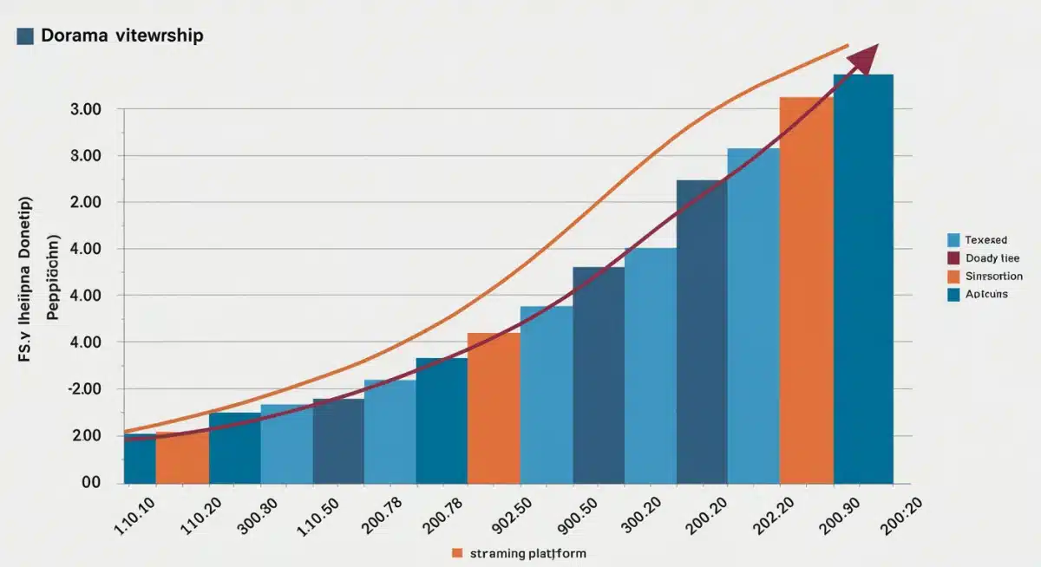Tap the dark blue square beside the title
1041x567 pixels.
[25, 36]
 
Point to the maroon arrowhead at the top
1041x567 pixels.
[863, 61]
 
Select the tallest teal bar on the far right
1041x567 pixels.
[863, 277]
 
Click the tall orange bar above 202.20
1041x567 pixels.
[806, 290]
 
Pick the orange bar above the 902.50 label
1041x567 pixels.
[494, 407]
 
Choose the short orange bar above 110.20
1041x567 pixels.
[182, 457]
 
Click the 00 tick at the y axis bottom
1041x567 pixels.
[91, 483]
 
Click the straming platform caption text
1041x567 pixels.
[528, 552]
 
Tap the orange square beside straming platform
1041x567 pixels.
[457, 552]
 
